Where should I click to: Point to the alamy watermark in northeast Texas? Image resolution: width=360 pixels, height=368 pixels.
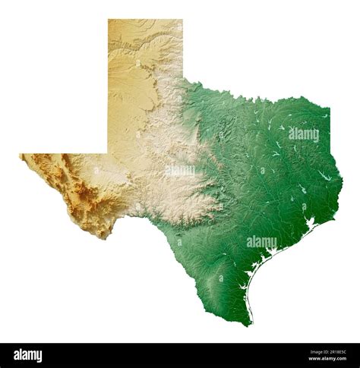point(303,134)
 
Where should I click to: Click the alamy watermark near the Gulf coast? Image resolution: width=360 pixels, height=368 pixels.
point(261,242)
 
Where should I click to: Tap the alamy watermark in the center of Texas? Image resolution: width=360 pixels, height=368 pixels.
point(180,171)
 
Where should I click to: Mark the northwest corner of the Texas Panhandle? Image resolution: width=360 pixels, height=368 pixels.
point(109,20)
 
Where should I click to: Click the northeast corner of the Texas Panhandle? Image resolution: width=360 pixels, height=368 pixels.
point(182,20)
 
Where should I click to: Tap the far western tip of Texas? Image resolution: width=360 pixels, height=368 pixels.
point(21,156)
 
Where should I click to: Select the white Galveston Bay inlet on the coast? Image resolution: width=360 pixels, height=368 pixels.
point(309,225)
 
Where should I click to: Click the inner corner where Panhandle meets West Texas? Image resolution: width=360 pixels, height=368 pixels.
point(109,153)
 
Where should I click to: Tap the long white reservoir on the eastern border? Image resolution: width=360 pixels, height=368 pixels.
point(326,176)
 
